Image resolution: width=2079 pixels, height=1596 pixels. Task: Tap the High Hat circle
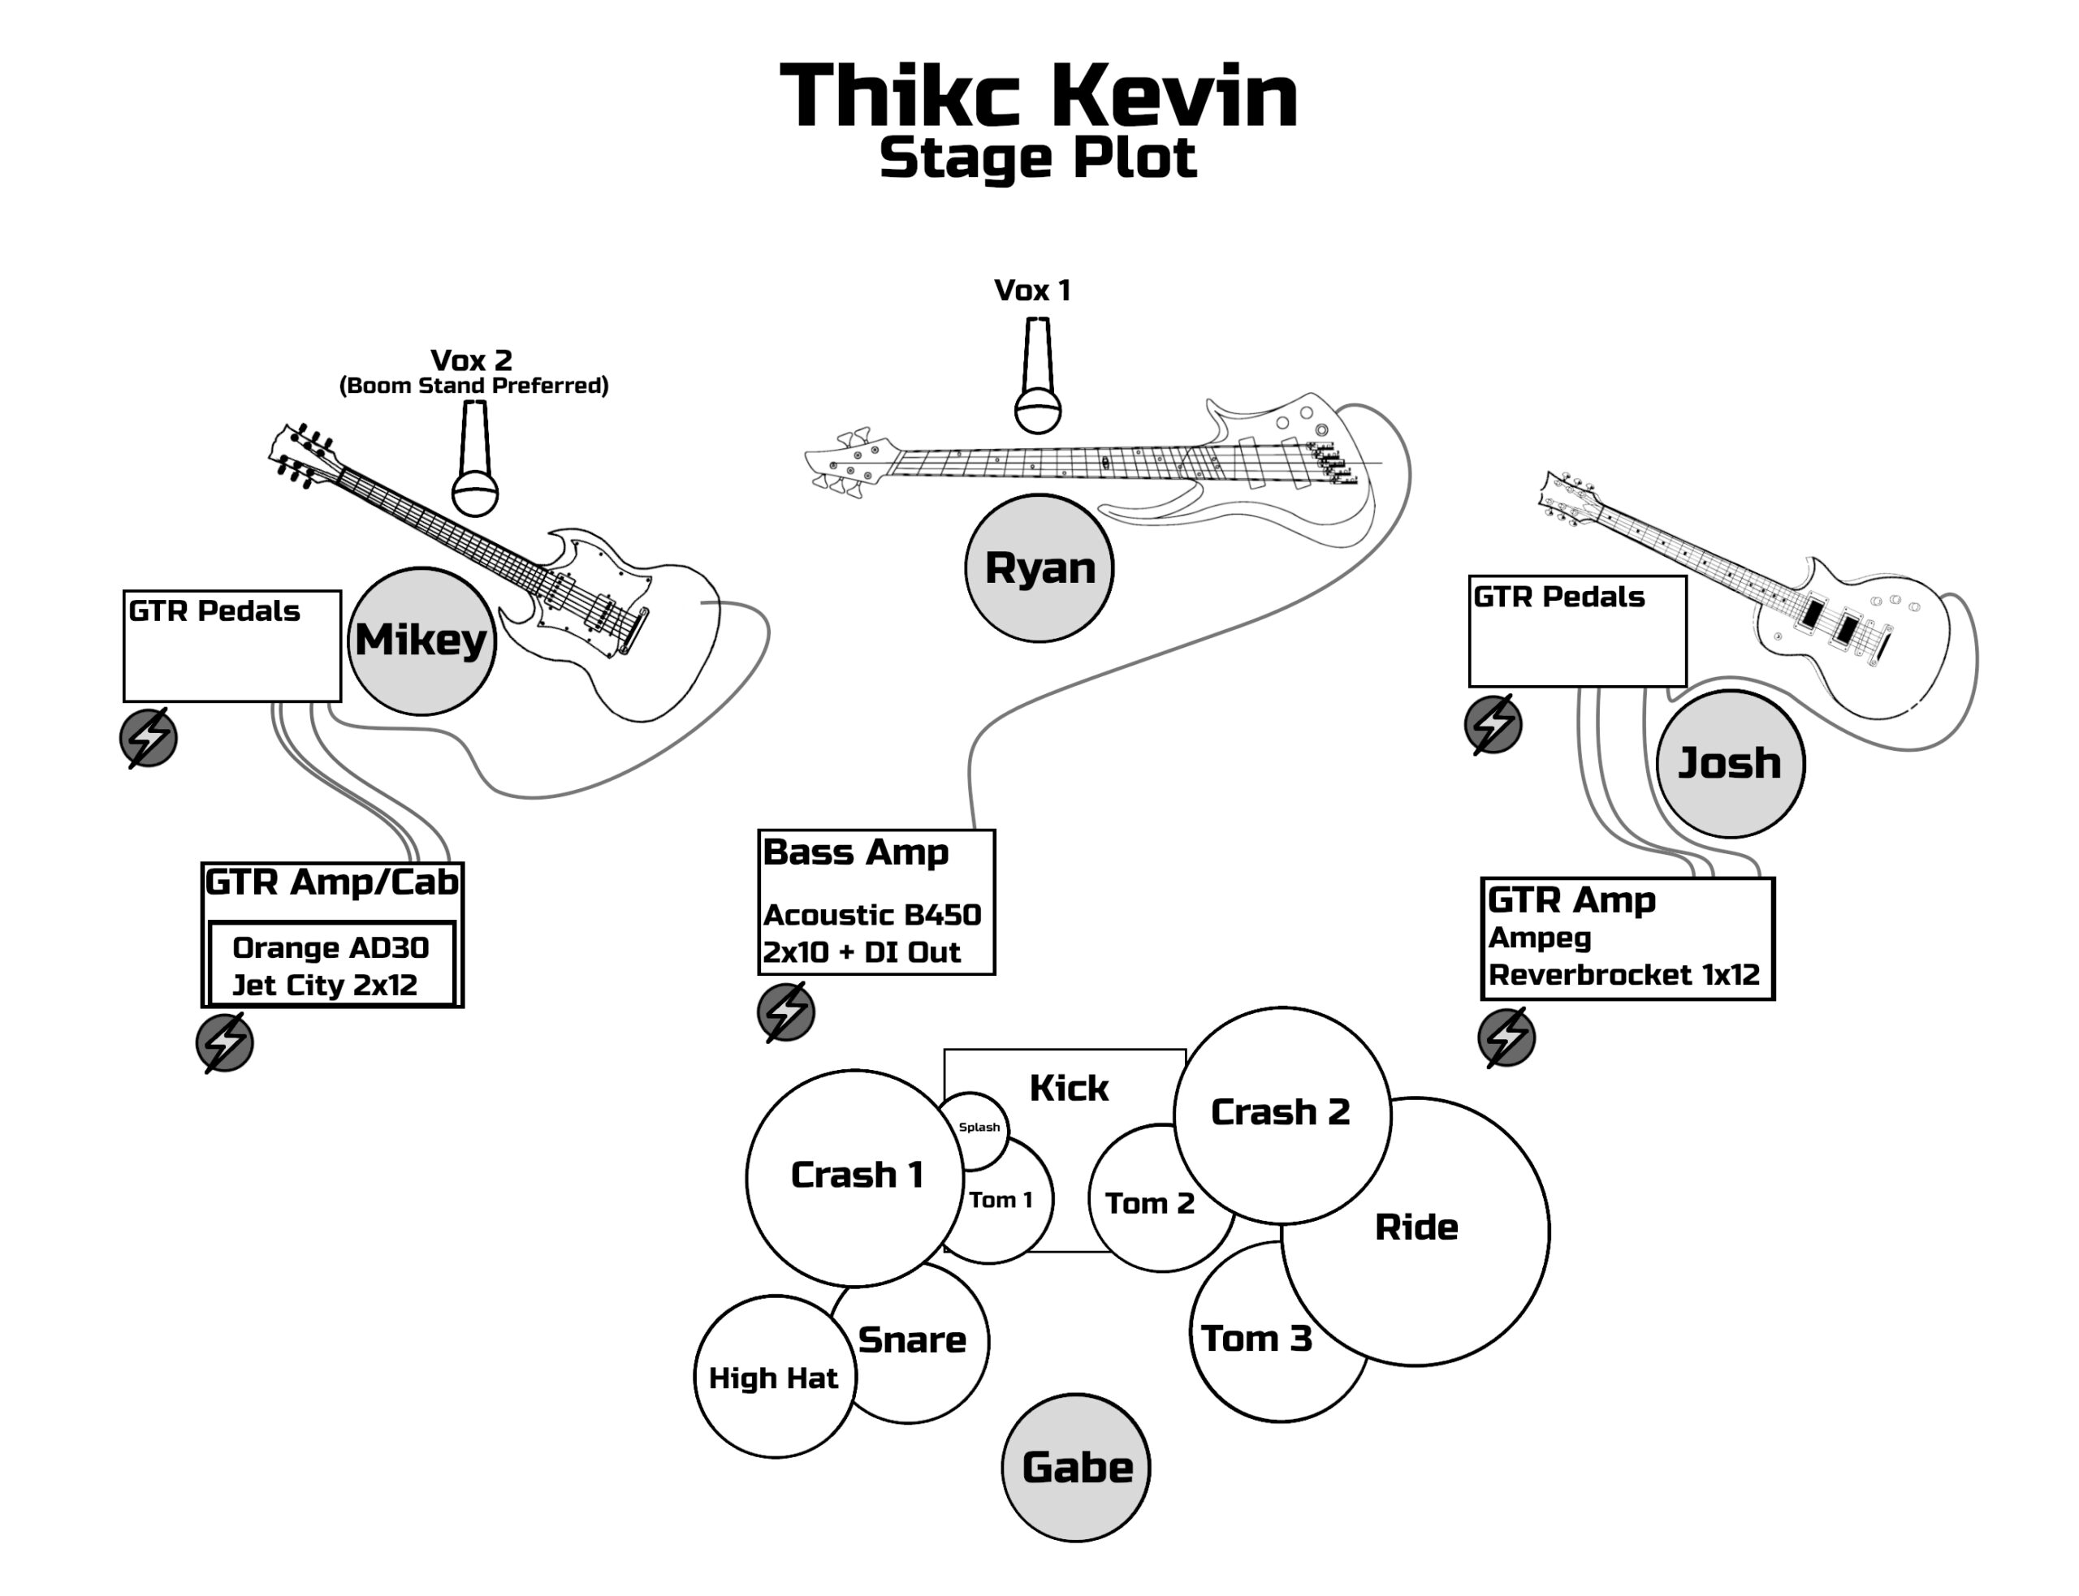[x=775, y=1377]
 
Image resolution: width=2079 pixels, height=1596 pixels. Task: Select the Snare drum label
[x=911, y=1339]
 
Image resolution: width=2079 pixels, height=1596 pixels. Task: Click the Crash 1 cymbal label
[x=856, y=1175]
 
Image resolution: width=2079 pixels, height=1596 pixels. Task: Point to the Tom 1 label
[x=1001, y=1200]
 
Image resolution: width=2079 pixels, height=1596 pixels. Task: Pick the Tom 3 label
[x=1256, y=1339]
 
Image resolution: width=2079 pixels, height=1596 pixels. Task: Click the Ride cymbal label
[x=1416, y=1227]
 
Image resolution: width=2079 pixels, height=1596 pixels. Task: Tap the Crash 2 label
[x=1280, y=1112]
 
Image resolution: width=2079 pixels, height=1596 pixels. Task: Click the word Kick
[x=1069, y=1089]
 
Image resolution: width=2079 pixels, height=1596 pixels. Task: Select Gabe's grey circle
[x=1075, y=1468]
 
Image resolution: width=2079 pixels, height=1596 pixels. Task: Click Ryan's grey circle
[x=1039, y=568]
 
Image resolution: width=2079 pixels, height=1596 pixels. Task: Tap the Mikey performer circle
[x=421, y=641]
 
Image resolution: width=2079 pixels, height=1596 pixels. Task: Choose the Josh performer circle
[x=1729, y=764]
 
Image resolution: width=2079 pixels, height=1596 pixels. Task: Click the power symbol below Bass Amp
[x=786, y=1012]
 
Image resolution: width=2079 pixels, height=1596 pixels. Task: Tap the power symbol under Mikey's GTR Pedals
[x=149, y=738]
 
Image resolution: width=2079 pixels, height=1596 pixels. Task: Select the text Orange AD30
[x=331, y=948]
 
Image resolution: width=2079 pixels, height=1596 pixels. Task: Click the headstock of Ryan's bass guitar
[x=845, y=463]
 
